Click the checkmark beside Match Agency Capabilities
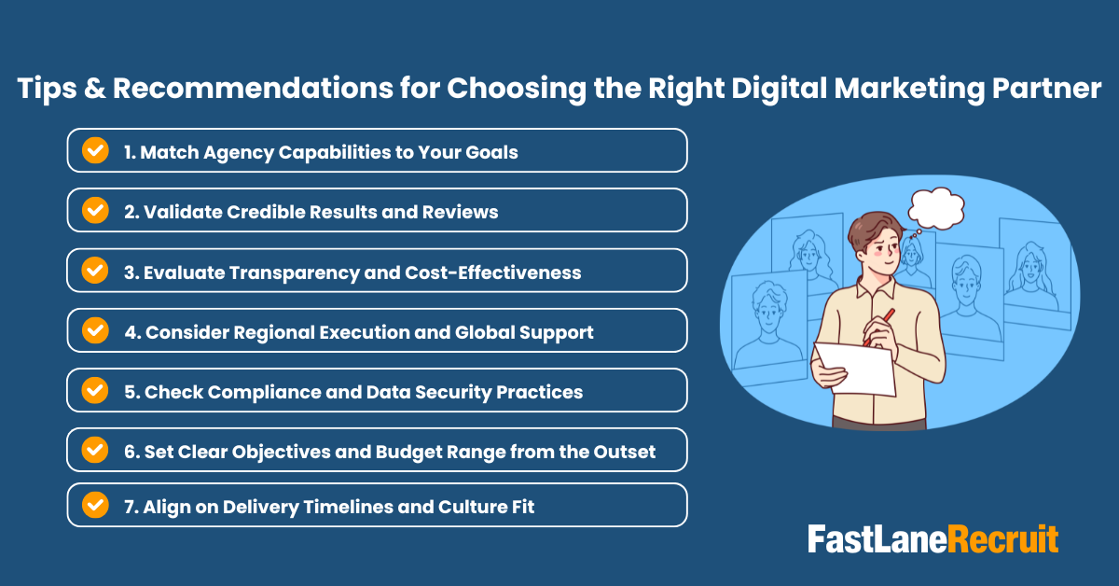(95, 151)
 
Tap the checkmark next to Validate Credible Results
(95, 211)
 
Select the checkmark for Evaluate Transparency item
(95, 271)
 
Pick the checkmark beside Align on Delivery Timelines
(95, 506)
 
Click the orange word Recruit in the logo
(1003, 538)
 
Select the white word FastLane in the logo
(877, 538)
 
